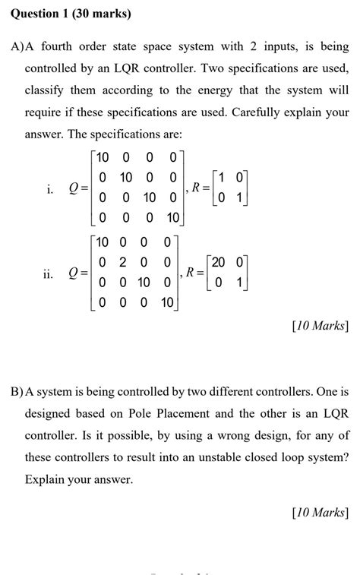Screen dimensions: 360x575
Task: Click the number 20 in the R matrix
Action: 219,262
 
